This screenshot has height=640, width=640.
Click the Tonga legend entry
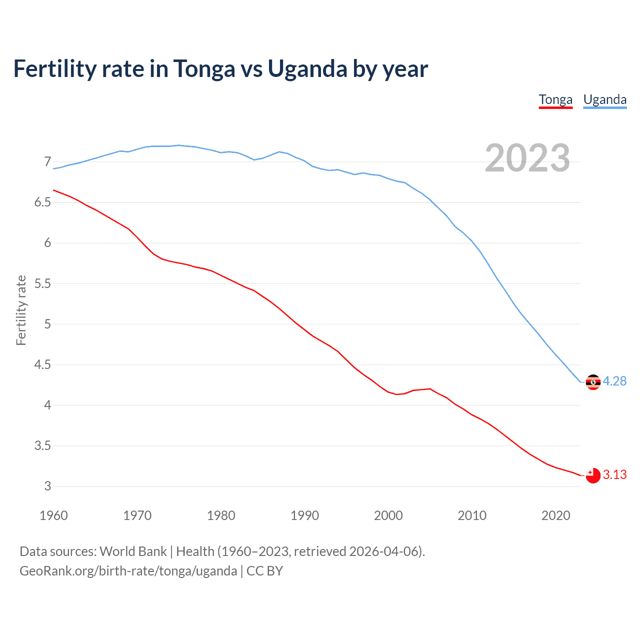555,99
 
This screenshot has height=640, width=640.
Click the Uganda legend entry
605,99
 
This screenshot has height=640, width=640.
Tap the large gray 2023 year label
527,158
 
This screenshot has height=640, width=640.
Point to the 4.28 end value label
614,381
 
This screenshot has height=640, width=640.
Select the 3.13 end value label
614,474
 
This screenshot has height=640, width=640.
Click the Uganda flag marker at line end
593,382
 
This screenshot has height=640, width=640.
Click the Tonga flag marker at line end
593,475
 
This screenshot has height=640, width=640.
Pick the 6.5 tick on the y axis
42,202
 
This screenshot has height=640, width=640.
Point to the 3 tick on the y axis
47,486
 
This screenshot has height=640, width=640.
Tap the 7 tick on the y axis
47,161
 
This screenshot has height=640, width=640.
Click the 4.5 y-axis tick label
42,364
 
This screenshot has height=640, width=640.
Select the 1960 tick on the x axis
53,515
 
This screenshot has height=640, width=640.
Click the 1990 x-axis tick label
304,515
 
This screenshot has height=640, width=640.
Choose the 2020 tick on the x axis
555,515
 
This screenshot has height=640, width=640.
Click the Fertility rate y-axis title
21,310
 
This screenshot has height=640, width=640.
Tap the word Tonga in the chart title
204,69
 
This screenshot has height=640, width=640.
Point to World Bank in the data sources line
133,551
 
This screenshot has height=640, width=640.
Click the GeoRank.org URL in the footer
128,571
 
